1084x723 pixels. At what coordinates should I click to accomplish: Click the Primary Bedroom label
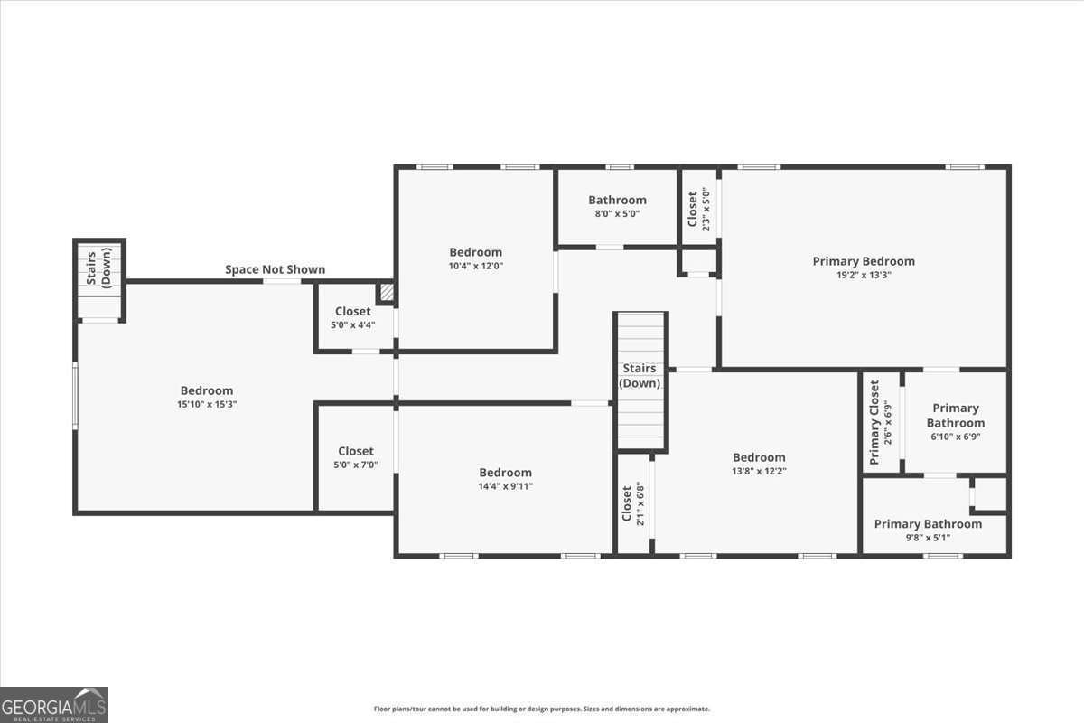pyautogui.click(x=864, y=261)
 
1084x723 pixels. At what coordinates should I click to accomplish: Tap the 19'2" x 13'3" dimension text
pyautogui.click(x=864, y=275)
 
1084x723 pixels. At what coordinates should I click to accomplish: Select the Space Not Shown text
pyautogui.click(x=275, y=269)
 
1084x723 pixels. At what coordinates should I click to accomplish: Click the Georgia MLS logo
pyautogui.click(x=54, y=704)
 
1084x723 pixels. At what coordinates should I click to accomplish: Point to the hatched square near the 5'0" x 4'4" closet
pyautogui.click(x=386, y=293)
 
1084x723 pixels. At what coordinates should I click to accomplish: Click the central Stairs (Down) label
pyautogui.click(x=640, y=376)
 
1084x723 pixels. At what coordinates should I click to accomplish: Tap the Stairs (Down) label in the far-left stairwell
pyautogui.click(x=98, y=267)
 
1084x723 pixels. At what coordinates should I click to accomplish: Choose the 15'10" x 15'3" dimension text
pyautogui.click(x=207, y=405)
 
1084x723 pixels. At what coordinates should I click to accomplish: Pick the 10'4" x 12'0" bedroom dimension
pyautogui.click(x=475, y=266)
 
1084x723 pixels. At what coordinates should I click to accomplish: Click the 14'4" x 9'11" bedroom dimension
pyautogui.click(x=505, y=486)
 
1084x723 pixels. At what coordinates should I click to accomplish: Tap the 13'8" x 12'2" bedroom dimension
pyautogui.click(x=759, y=471)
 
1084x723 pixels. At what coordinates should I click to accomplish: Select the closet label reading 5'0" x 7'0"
pyautogui.click(x=356, y=457)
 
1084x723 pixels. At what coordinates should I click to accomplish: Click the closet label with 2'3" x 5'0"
pyautogui.click(x=699, y=208)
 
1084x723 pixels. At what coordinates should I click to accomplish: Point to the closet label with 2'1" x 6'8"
pyautogui.click(x=632, y=504)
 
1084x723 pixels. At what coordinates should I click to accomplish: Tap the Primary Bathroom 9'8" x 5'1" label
pyautogui.click(x=928, y=530)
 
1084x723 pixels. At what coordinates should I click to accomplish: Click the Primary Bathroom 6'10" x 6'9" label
pyautogui.click(x=955, y=422)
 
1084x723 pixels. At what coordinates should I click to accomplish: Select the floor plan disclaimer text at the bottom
pyautogui.click(x=542, y=709)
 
